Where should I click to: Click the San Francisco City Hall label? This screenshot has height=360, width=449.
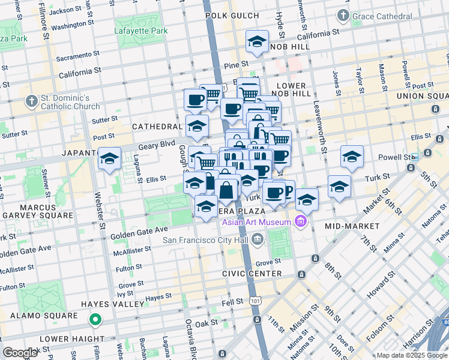click(x=206, y=241)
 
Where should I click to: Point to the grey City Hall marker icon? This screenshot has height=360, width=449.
click(x=258, y=241)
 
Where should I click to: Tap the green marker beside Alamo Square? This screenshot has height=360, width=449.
click(x=95, y=320)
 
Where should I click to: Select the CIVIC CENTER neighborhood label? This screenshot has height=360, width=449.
click(x=252, y=274)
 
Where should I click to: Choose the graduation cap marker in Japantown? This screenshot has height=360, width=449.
click(x=109, y=159)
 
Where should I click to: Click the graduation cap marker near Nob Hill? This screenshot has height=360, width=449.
click(x=257, y=42)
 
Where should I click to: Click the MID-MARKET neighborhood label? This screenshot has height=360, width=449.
click(x=352, y=226)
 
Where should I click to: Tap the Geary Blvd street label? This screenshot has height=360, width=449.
click(x=159, y=144)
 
